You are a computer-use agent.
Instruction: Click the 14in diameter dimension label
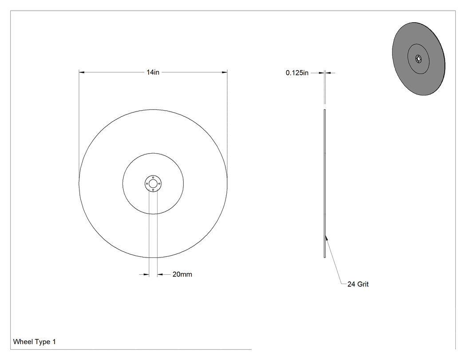click(153, 72)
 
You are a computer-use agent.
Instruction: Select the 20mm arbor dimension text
click(182, 274)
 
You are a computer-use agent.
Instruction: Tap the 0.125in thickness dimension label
click(297, 73)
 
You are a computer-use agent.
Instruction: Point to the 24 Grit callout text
click(358, 284)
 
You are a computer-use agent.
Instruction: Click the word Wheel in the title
click(23, 341)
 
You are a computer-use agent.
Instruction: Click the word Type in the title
click(43, 342)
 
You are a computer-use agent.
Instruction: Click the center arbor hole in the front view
click(153, 183)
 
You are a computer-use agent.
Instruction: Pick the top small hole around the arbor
click(153, 178)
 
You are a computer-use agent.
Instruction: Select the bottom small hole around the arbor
click(153, 190)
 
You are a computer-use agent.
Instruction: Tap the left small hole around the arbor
click(147, 184)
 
